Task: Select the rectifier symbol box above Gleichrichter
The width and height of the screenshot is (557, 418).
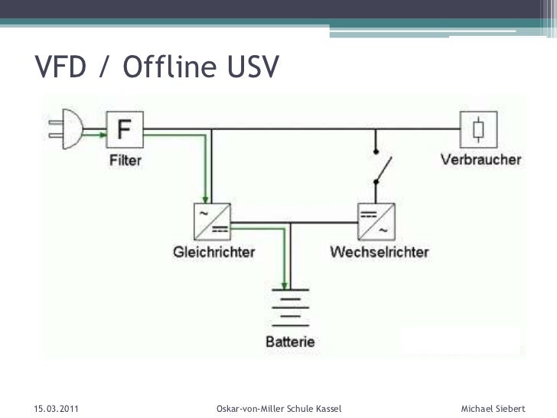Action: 211,220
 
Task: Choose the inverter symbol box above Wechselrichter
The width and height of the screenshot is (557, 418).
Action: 375,220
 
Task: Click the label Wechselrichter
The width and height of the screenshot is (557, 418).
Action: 379,251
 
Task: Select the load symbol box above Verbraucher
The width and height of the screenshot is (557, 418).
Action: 478,129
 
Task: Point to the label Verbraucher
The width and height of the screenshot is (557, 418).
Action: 481,160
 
